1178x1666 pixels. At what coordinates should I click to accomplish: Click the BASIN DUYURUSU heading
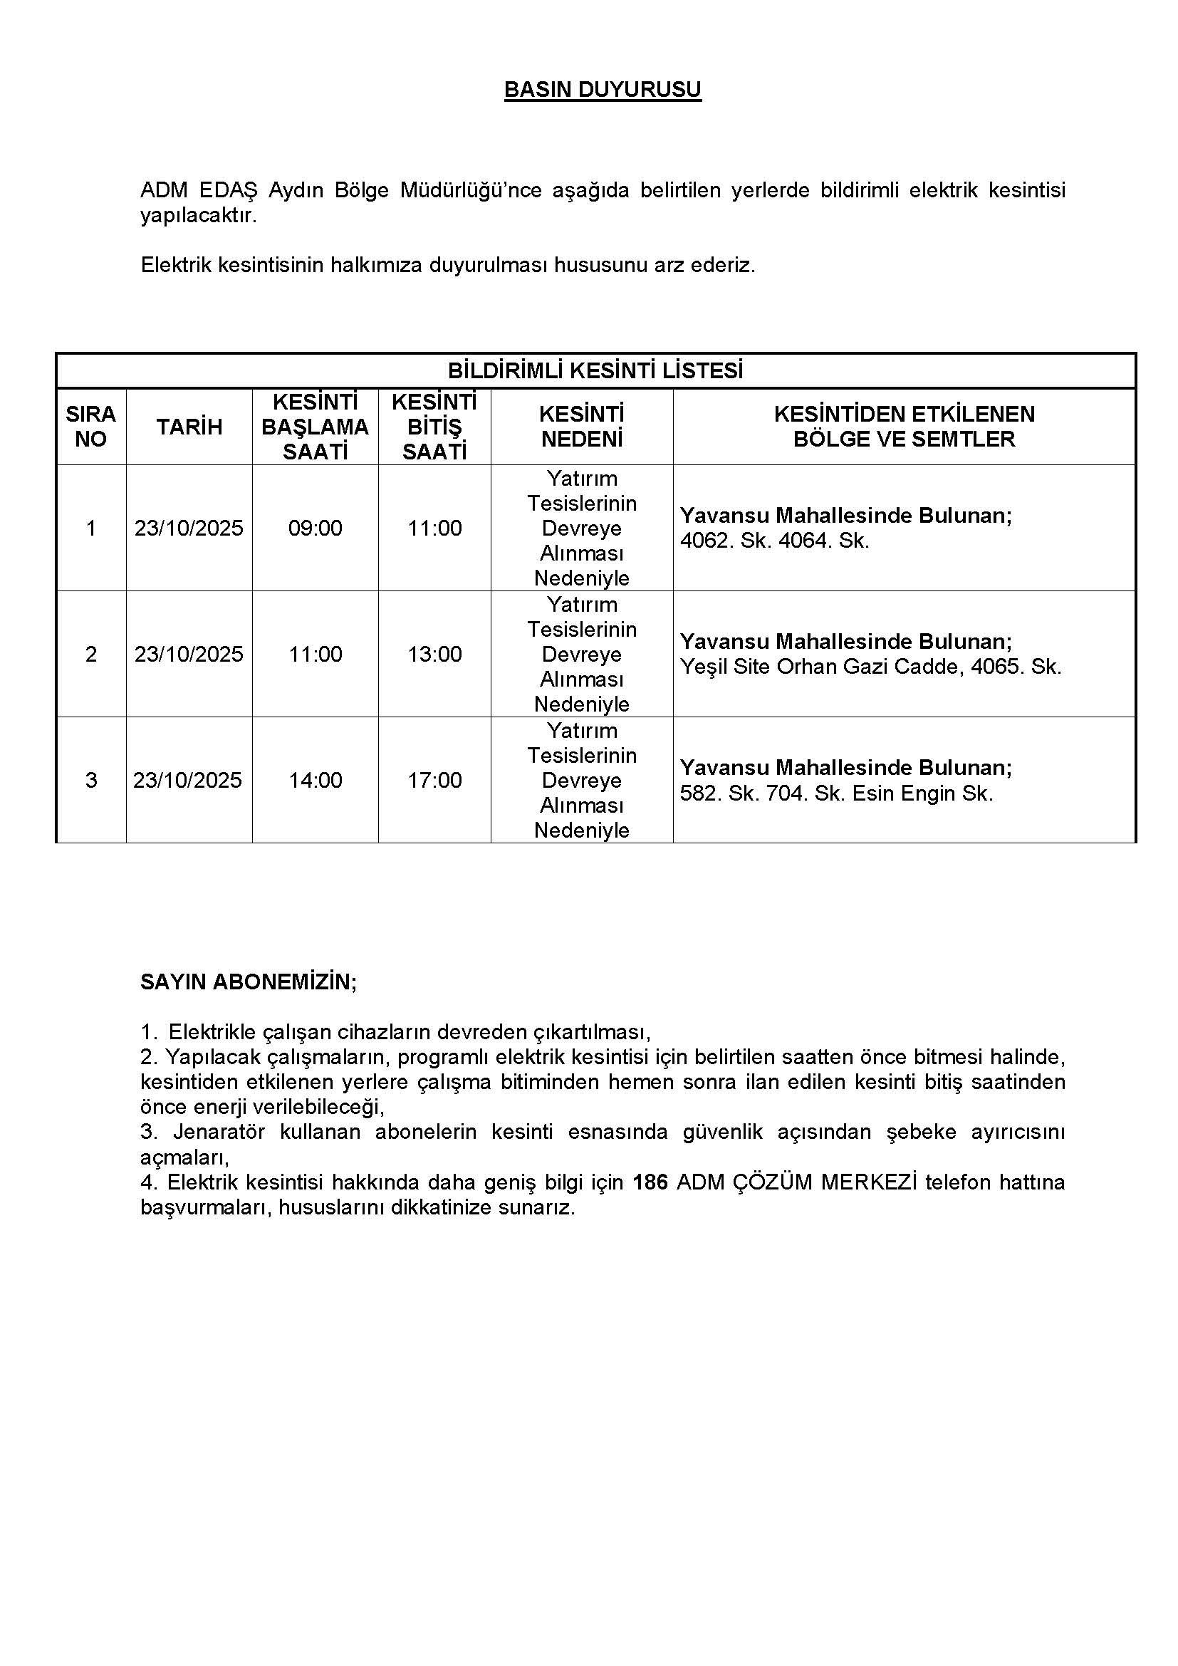point(602,90)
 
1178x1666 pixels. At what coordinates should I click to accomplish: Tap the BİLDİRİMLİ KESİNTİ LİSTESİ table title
point(595,371)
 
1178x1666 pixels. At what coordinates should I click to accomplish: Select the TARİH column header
point(189,427)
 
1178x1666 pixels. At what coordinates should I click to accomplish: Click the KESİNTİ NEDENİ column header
point(582,427)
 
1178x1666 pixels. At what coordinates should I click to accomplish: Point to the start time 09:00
point(315,529)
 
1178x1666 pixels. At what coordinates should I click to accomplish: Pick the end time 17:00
point(434,780)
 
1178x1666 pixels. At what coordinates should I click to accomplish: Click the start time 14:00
point(315,780)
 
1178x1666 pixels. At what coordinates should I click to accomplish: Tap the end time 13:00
point(434,655)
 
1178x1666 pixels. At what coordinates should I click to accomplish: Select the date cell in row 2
point(189,655)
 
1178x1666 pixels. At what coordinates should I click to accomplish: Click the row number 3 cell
point(90,780)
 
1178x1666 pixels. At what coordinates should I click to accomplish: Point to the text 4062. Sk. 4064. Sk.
point(774,541)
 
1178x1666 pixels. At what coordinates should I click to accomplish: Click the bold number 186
point(650,1183)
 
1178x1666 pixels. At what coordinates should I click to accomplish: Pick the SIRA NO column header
point(90,427)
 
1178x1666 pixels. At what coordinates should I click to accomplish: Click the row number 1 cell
point(90,529)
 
